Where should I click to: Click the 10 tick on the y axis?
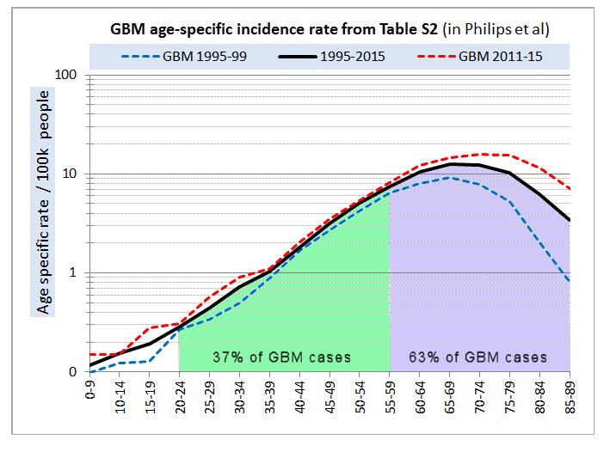tap(69, 174)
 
